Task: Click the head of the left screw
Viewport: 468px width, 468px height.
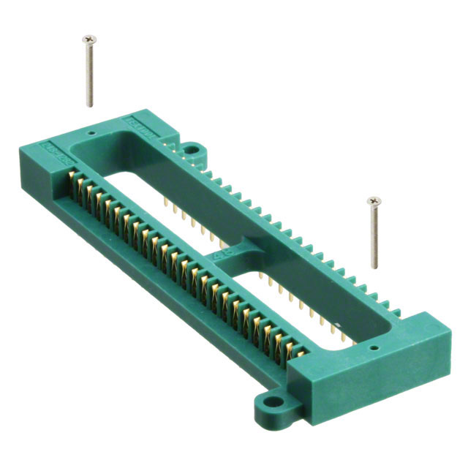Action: (90, 37)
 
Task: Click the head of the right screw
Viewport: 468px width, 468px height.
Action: (374, 200)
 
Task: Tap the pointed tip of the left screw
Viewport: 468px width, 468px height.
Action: (91, 106)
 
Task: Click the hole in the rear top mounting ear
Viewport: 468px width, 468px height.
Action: (192, 151)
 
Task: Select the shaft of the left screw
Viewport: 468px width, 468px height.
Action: (90, 73)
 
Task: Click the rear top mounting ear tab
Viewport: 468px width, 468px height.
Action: (191, 148)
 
